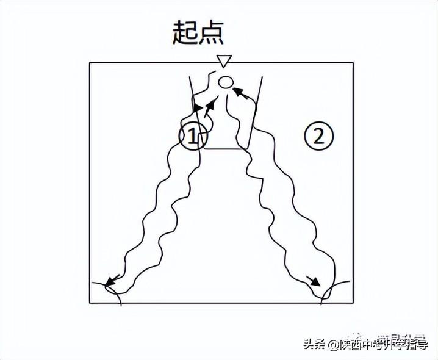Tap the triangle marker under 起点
click(225, 60)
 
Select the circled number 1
click(192, 136)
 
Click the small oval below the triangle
click(225, 81)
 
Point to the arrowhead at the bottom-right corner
click(314, 281)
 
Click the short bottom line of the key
click(226, 148)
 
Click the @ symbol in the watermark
click(332, 345)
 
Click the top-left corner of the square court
click(90, 63)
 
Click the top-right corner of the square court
click(353, 63)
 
